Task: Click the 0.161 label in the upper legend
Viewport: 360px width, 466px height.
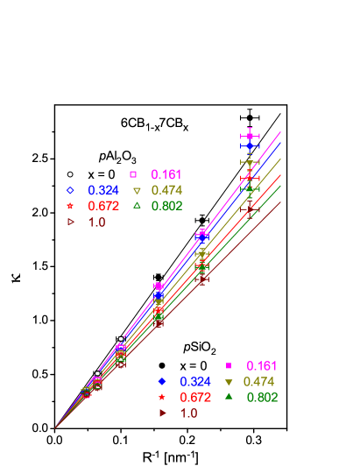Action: tap(166, 174)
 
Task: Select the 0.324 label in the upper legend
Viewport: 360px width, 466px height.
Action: tap(103, 190)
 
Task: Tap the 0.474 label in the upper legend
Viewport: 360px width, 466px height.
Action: tap(166, 190)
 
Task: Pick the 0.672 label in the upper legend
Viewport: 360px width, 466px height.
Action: tap(103, 206)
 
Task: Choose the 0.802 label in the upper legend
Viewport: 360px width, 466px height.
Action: tap(166, 206)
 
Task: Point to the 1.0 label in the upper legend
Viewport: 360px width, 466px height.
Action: tap(96, 222)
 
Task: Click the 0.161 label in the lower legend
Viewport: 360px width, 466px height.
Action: tap(261, 365)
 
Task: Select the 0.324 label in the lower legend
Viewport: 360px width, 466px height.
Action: tap(195, 382)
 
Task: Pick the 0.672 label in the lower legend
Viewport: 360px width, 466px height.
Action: tap(195, 398)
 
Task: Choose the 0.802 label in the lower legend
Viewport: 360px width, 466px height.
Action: tap(262, 398)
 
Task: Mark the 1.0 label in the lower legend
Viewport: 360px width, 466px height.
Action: tap(188, 413)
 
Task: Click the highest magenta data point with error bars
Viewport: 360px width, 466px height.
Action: tap(250, 136)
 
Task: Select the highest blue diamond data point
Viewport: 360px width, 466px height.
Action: tap(250, 146)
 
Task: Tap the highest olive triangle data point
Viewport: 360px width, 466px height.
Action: tap(250, 164)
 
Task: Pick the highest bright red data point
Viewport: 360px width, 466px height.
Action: tap(250, 178)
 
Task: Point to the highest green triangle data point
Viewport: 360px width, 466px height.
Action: tap(250, 189)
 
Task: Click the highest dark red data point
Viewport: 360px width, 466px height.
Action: tap(250, 208)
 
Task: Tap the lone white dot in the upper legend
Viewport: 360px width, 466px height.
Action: tap(70, 174)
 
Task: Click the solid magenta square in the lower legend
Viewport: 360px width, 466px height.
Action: tap(228, 365)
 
